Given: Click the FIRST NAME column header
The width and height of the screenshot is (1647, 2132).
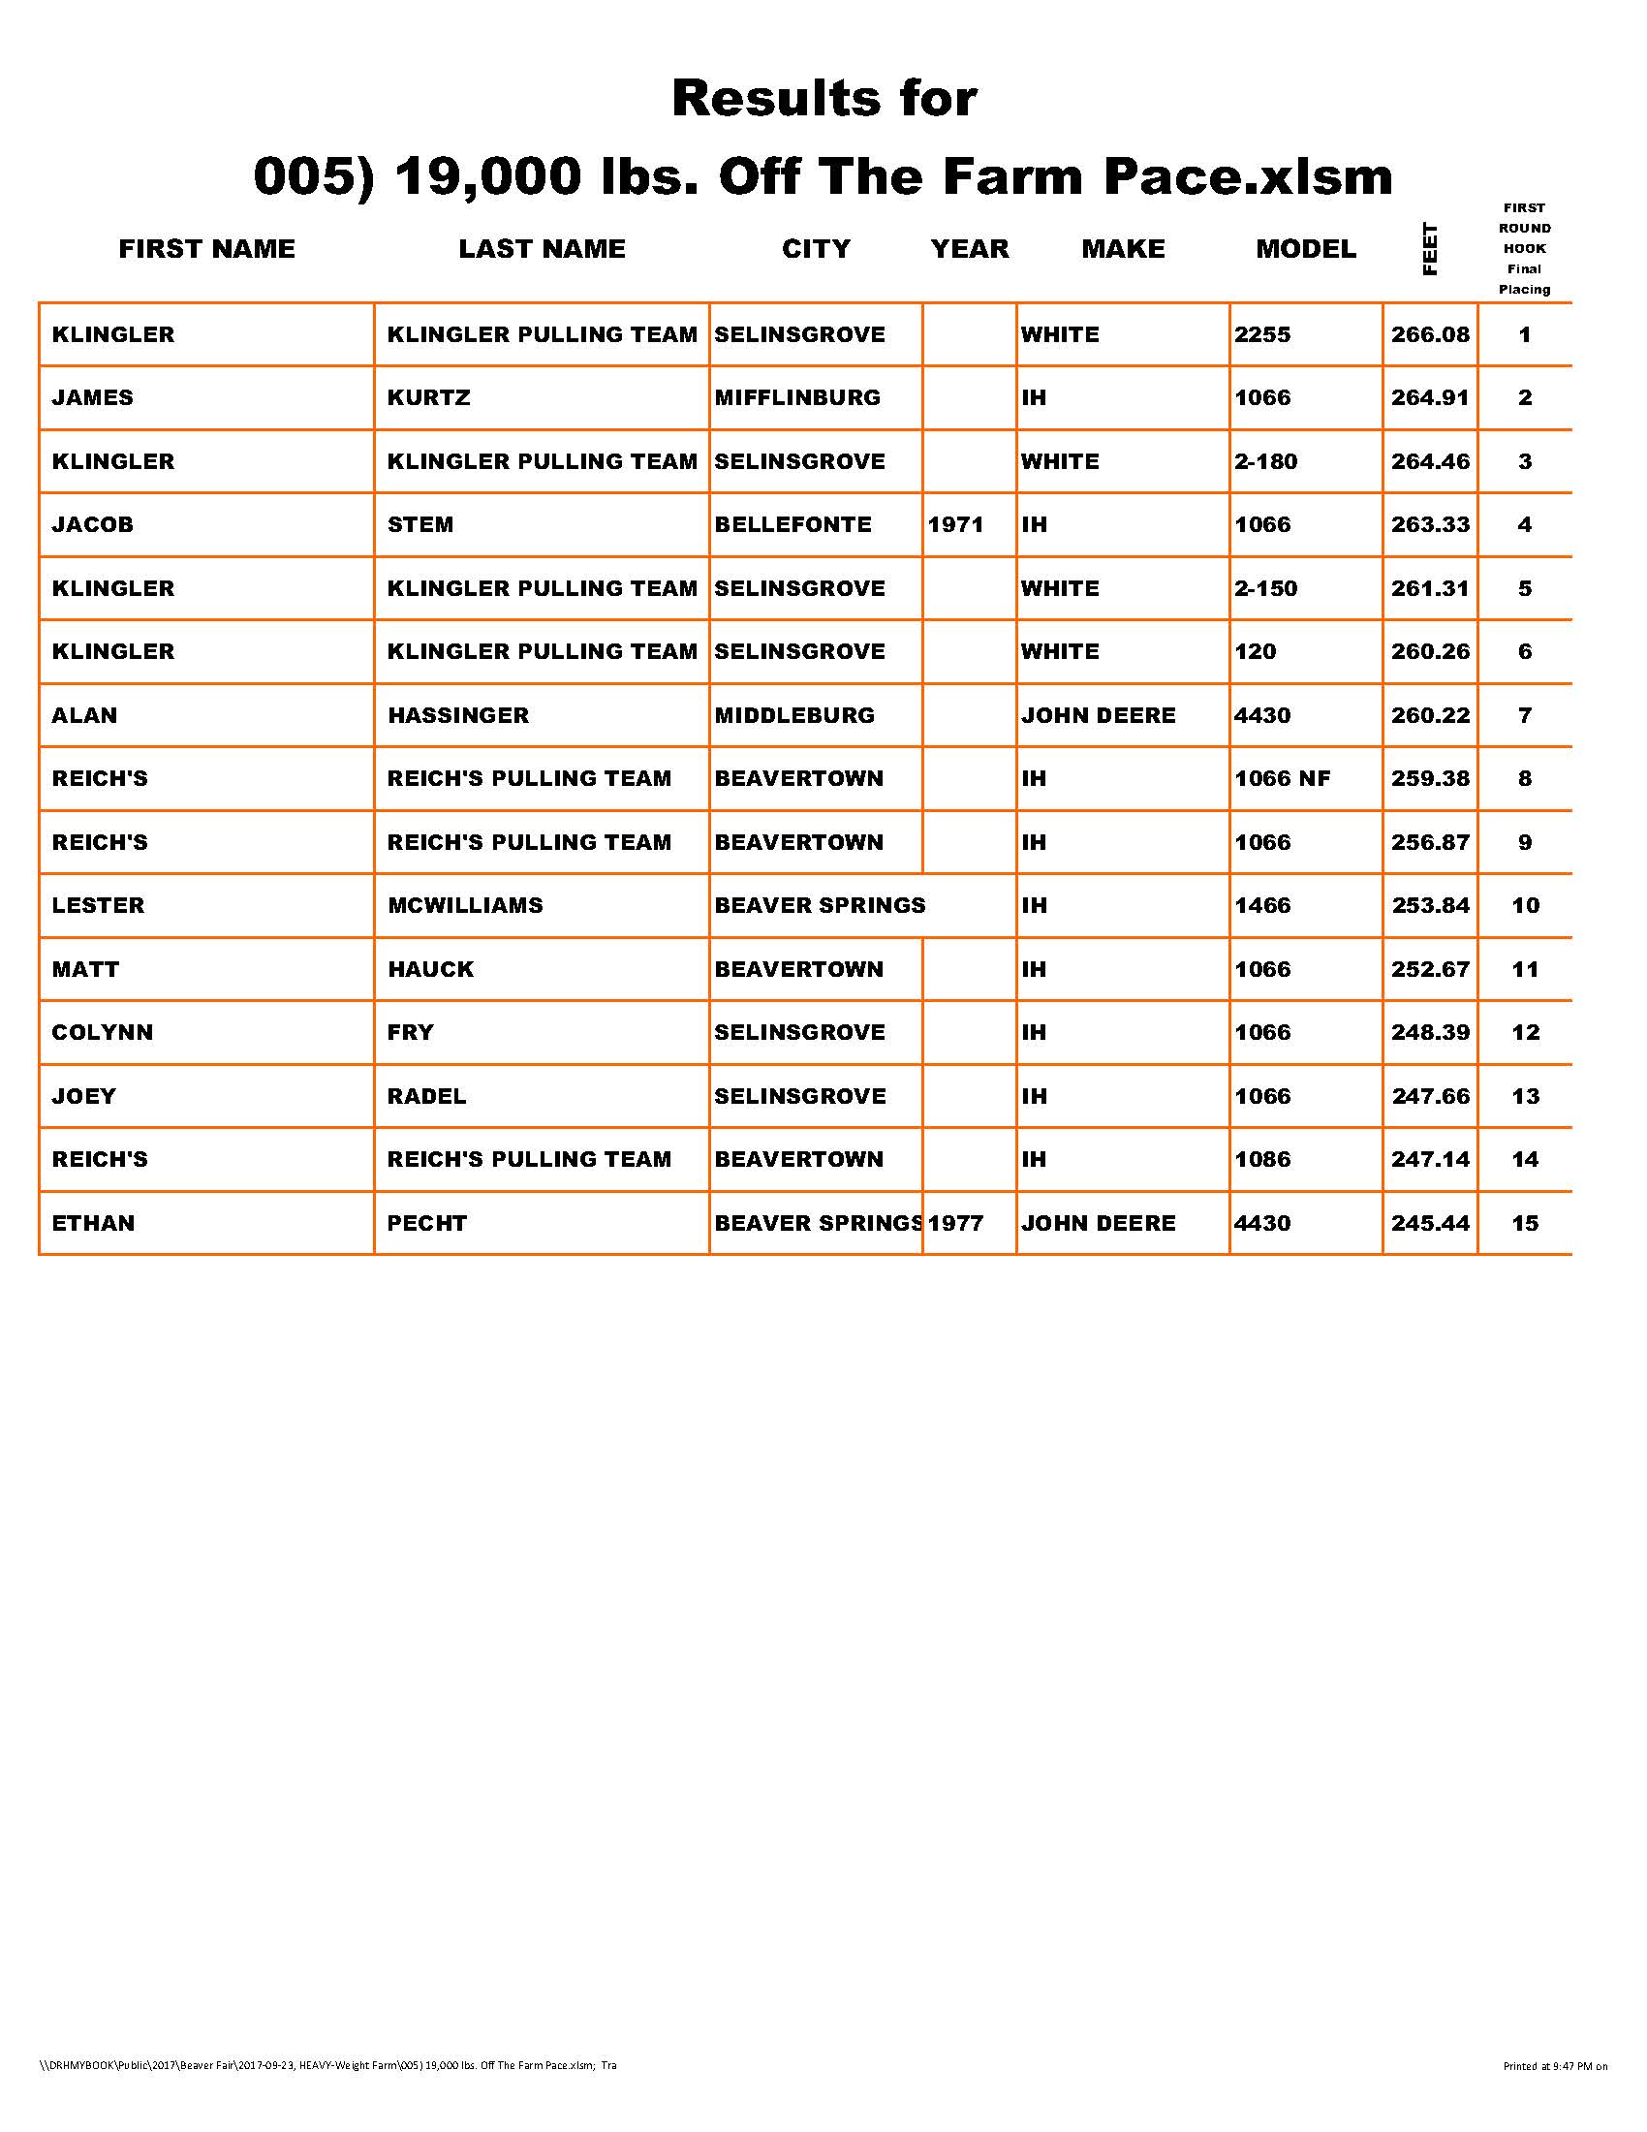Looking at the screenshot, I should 207,249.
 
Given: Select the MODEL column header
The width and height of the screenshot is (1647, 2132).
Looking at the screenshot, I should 1306,249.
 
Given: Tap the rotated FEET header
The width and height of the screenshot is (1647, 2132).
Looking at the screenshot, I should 1429,250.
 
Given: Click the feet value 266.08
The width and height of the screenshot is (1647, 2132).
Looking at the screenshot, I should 1429,335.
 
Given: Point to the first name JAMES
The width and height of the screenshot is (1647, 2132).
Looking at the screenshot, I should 93,398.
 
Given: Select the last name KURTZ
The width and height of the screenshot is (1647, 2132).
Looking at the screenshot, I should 428,398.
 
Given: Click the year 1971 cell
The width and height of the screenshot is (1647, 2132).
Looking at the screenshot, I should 955,525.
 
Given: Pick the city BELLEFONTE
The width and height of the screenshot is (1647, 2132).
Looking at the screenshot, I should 792,525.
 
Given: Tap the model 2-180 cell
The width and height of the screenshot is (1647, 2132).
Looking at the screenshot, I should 1265,461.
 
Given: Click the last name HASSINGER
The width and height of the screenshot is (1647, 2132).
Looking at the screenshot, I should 457,715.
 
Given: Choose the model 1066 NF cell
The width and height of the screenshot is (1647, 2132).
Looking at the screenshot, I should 1282,779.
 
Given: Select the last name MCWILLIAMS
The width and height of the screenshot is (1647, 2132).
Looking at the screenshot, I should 464,906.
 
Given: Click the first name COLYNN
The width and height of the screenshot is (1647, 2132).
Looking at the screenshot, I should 103,1033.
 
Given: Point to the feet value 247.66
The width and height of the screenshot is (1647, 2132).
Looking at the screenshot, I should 1429,1096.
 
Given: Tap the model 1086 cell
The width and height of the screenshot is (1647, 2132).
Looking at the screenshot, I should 1262,1160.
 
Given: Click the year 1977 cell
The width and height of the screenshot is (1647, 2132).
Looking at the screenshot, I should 955,1223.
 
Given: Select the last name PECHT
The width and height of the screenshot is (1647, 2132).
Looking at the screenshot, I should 426,1223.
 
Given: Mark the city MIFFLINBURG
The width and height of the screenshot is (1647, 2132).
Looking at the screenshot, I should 797,398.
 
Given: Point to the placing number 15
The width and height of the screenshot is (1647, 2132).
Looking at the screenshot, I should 1525,1223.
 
